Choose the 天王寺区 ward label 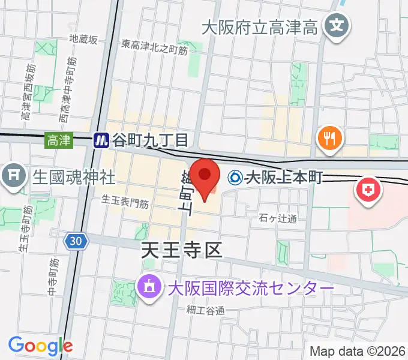click(182, 250)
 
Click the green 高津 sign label click(59, 140)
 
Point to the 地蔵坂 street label click(83, 40)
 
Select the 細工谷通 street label click(205, 310)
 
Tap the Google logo click(40, 346)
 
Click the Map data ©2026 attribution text click(358, 351)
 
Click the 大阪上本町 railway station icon click(236, 178)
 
